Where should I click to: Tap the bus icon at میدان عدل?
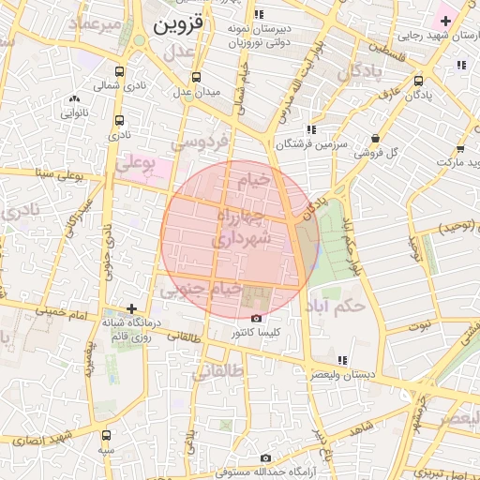click(x=196, y=78)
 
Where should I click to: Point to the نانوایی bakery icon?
click(x=75, y=98)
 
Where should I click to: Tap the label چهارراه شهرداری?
click(x=241, y=228)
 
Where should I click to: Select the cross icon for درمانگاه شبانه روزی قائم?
click(x=131, y=307)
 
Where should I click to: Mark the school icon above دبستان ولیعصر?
click(x=342, y=360)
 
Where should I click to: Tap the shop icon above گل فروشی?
click(x=375, y=138)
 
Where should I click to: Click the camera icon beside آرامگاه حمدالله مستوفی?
click(x=265, y=457)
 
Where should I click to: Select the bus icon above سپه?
click(x=105, y=436)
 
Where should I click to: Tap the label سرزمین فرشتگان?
click(x=311, y=145)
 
